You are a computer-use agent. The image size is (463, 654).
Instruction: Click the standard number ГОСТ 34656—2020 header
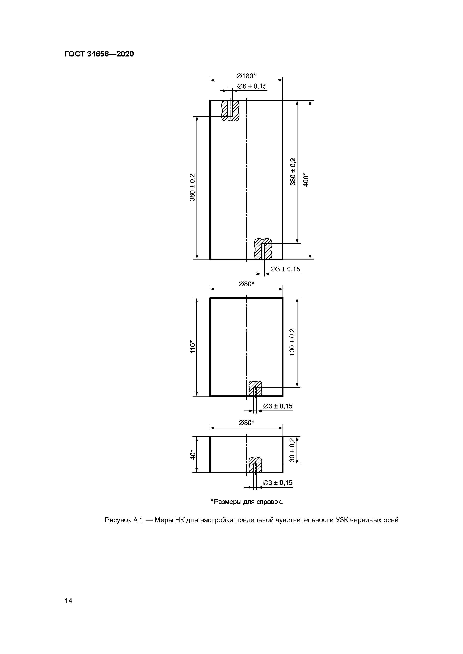[99, 54]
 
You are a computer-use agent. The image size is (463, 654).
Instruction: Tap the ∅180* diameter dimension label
[246, 76]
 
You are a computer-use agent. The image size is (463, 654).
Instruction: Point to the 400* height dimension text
[306, 180]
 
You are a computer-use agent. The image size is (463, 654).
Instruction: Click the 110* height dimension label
[193, 347]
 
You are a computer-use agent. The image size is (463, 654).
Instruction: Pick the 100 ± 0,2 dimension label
[292, 342]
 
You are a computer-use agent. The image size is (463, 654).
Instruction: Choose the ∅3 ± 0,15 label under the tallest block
[285, 269]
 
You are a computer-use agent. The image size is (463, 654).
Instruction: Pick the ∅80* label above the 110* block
[246, 284]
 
